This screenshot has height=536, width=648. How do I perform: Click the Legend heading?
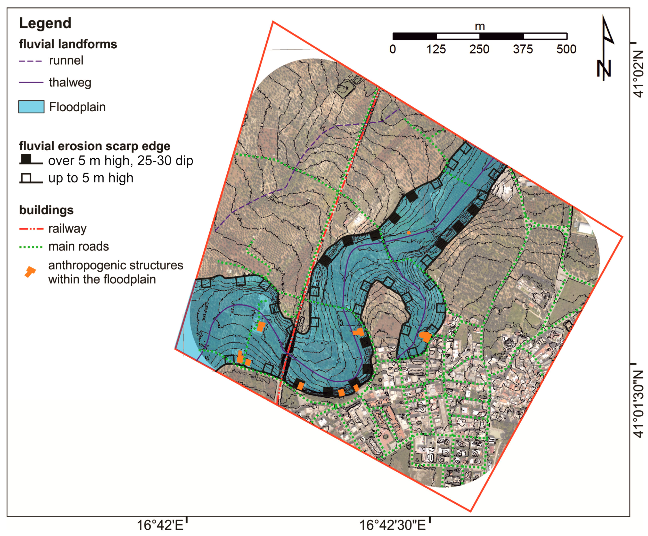45,23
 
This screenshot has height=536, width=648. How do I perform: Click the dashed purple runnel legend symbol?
30,61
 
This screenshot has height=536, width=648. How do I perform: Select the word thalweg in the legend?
70,83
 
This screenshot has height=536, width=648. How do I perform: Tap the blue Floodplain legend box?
31,107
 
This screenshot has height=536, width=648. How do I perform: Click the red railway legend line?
31,229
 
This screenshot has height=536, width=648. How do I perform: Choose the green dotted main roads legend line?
31,247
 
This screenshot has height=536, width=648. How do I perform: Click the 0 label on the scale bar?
393,49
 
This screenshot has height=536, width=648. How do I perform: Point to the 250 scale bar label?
479,49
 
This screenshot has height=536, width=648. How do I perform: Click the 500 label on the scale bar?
566,49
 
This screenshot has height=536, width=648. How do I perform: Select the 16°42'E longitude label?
160,525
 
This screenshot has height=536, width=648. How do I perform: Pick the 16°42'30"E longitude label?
393,525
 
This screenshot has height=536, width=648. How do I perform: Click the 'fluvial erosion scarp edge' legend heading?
95,146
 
